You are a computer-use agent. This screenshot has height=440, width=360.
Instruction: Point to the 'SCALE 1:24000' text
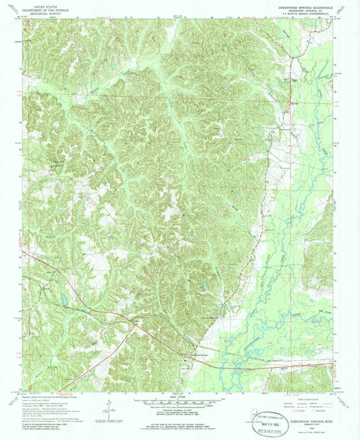pyautogui.click(x=179, y=397)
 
